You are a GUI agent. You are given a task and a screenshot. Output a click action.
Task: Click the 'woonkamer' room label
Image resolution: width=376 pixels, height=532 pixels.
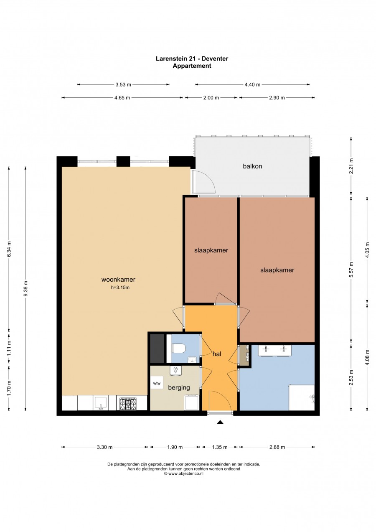(x=118, y=280)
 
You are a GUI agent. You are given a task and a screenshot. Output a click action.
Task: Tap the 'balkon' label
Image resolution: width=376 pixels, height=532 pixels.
(x=252, y=166)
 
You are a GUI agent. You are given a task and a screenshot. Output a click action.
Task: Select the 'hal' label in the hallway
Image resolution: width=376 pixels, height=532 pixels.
(x=217, y=354)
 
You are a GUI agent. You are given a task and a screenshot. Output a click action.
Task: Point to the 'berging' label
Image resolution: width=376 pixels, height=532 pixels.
(x=179, y=387)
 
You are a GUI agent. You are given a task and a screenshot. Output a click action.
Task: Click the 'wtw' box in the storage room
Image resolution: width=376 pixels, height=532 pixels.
(x=157, y=383)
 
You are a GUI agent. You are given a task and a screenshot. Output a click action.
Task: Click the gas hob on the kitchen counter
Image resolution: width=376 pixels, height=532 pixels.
(x=128, y=405)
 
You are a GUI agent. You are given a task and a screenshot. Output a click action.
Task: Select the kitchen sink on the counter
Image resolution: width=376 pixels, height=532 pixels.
(x=101, y=404)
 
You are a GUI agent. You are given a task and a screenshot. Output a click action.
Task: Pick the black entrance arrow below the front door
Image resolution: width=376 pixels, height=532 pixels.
(x=221, y=422)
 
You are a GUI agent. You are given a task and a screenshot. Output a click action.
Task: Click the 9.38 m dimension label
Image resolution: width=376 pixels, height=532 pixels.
(x=25, y=288)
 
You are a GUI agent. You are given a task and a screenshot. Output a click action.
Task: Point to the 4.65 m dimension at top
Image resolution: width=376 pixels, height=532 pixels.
(x=122, y=98)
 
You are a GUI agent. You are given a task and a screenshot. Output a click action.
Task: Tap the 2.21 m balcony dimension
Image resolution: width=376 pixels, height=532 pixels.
(x=351, y=166)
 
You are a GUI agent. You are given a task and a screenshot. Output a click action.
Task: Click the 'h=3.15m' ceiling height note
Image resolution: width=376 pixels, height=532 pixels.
(x=120, y=288)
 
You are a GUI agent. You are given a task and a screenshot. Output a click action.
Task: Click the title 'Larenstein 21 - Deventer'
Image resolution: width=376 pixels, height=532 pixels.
(x=192, y=59)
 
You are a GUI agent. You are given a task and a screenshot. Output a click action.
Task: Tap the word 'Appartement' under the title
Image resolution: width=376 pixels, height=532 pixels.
(x=192, y=66)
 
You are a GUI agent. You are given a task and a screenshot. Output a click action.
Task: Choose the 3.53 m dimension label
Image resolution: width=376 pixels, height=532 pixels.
(x=123, y=84)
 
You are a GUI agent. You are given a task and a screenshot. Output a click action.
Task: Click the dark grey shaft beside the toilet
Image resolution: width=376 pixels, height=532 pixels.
(x=157, y=349)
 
